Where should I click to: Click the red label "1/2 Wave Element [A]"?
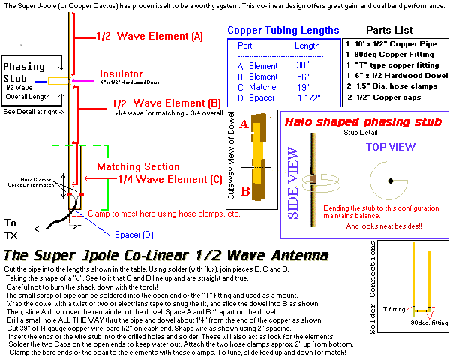pyautogui.click(x=149, y=36)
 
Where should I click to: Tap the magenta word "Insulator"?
pyautogui.click(x=124, y=74)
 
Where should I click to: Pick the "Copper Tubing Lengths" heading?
pyautogui.click(x=283, y=31)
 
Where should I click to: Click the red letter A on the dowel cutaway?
pyautogui.click(x=265, y=127)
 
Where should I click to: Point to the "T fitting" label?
pyautogui.click(x=396, y=308)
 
